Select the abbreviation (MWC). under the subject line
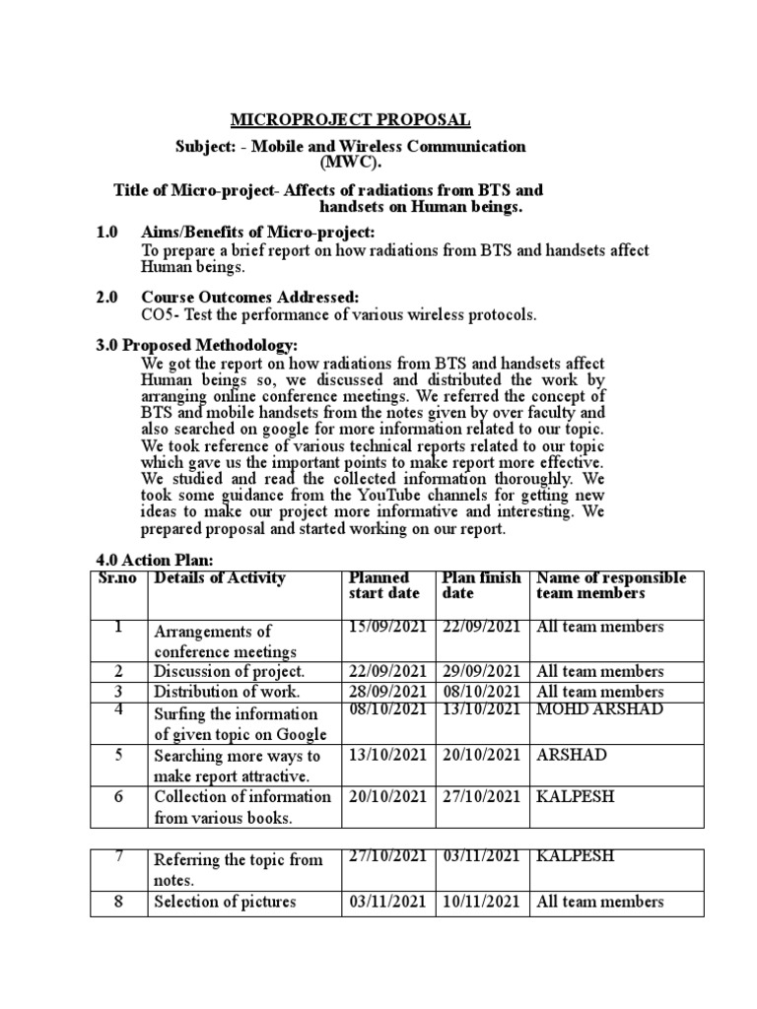click(x=350, y=163)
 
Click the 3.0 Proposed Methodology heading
click(x=195, y=345)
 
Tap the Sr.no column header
click(x=117, y=578)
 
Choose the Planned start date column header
click(x=385, y=585)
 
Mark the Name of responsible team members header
click(x=611, y=585)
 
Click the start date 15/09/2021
click(x=387, y=628)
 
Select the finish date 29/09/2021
click(x=481, y=671)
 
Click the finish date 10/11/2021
click(x=481, y=901)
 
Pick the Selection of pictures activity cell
click(x=225, y=902)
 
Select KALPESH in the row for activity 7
click(x=575, y=856)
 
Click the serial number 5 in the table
click(x=118, y=755)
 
